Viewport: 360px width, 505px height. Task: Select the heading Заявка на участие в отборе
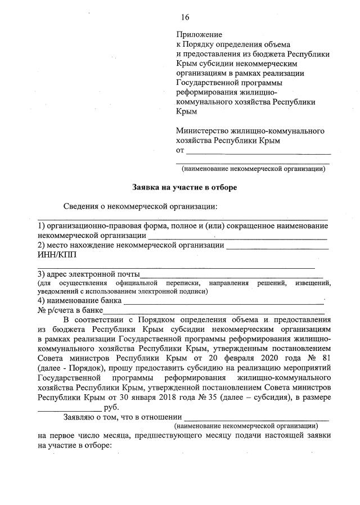coord(181,187)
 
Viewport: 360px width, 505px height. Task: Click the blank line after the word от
coord(258,152)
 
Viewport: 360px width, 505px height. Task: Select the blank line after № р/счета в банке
coord(214,311)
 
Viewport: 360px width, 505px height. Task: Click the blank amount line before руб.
coord(70,409)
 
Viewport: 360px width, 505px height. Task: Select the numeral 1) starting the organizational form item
coord(42,226)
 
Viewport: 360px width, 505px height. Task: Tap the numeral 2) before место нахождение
coord(42,245)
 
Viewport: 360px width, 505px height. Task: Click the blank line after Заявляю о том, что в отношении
coord(256,419)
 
